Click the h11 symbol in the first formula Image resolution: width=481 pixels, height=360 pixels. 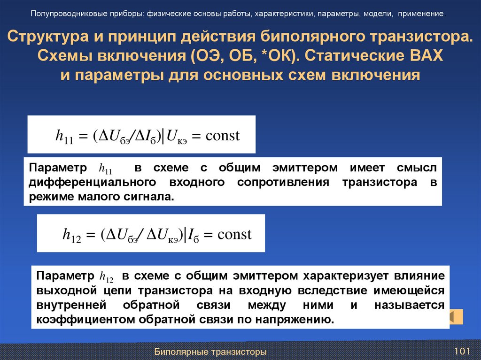click(x=64, y=137)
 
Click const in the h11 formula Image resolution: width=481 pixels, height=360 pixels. click(x=223, y=136)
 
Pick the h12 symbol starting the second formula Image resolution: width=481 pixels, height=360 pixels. click(x=72, y=235)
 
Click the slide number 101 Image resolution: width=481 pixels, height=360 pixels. click(x=462, y=352)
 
